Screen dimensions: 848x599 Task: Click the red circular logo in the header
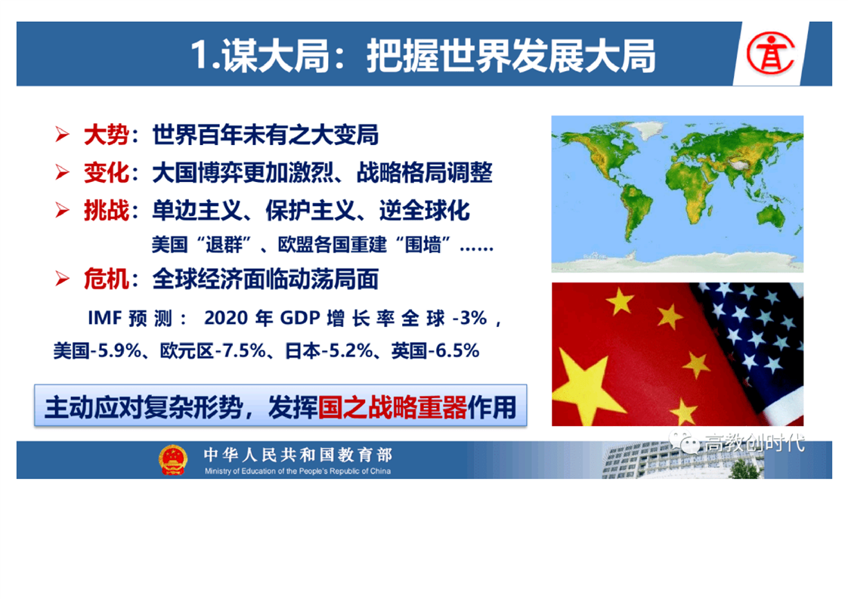[771, 53]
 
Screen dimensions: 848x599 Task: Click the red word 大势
[106, 134]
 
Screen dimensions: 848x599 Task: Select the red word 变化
[106, 173]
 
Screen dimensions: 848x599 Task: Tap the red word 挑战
[106, 210]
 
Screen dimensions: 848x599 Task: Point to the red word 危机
[106, 279]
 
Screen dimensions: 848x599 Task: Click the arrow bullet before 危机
[62, 279]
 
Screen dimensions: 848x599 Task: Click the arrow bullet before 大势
[62, 134]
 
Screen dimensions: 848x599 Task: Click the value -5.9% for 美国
[116, 350]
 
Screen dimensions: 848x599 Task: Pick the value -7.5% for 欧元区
[240, 350]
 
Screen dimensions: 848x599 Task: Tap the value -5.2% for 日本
[347, 350]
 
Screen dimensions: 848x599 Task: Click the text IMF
[104, 318]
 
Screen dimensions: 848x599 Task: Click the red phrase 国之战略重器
[392, 407]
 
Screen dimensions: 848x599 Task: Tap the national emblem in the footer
[173, 460]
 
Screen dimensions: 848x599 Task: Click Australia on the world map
[772, 215]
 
